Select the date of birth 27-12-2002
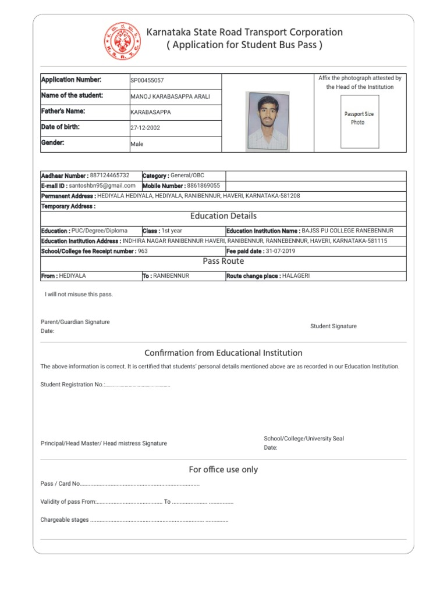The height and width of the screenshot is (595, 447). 145,128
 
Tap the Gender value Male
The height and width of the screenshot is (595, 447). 137,144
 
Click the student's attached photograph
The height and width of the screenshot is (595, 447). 267,121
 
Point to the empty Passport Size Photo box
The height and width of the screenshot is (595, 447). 359,119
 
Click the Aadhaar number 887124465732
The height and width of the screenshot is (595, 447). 109,175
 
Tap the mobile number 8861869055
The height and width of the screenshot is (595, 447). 204,185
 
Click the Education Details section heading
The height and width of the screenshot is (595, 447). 223,216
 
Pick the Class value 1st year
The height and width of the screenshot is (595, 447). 172,231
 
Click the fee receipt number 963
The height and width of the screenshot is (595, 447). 143,251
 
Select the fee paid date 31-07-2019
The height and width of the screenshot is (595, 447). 281,251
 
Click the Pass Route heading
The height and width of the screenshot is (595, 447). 223,261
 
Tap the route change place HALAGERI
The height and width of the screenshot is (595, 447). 296,276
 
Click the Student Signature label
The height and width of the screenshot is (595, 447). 334,327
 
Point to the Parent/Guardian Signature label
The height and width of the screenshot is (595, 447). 75,322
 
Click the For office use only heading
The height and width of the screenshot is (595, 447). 223,469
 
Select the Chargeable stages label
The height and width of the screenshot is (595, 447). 65,520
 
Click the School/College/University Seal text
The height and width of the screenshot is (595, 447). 304,439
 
